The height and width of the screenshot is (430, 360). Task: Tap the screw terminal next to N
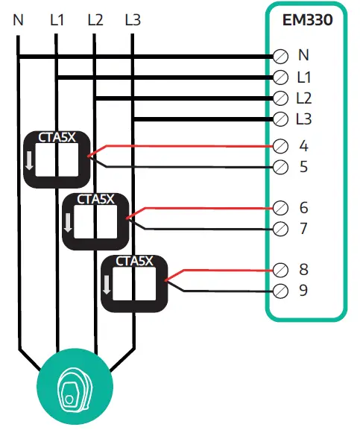[282, 56]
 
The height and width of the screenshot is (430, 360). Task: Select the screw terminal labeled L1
[282, 77]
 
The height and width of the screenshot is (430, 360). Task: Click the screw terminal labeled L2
[282, 98]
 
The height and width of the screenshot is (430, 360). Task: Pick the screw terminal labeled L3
[282, 118]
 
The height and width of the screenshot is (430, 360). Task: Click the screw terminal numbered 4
[282, 145]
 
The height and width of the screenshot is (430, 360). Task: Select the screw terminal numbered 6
[282, 207]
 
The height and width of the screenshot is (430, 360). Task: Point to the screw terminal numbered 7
[282, 228]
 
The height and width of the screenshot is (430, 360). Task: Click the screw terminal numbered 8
[282, 269]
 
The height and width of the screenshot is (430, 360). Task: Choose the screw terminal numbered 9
[282, 290]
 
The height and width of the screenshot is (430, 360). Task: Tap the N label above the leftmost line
[19, 19]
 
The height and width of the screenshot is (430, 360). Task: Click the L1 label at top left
[57, 19]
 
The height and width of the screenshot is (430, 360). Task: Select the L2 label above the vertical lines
[95, 19]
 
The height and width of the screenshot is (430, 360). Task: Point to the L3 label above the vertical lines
[133, 19]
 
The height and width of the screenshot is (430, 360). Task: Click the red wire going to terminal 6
[201, 208]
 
